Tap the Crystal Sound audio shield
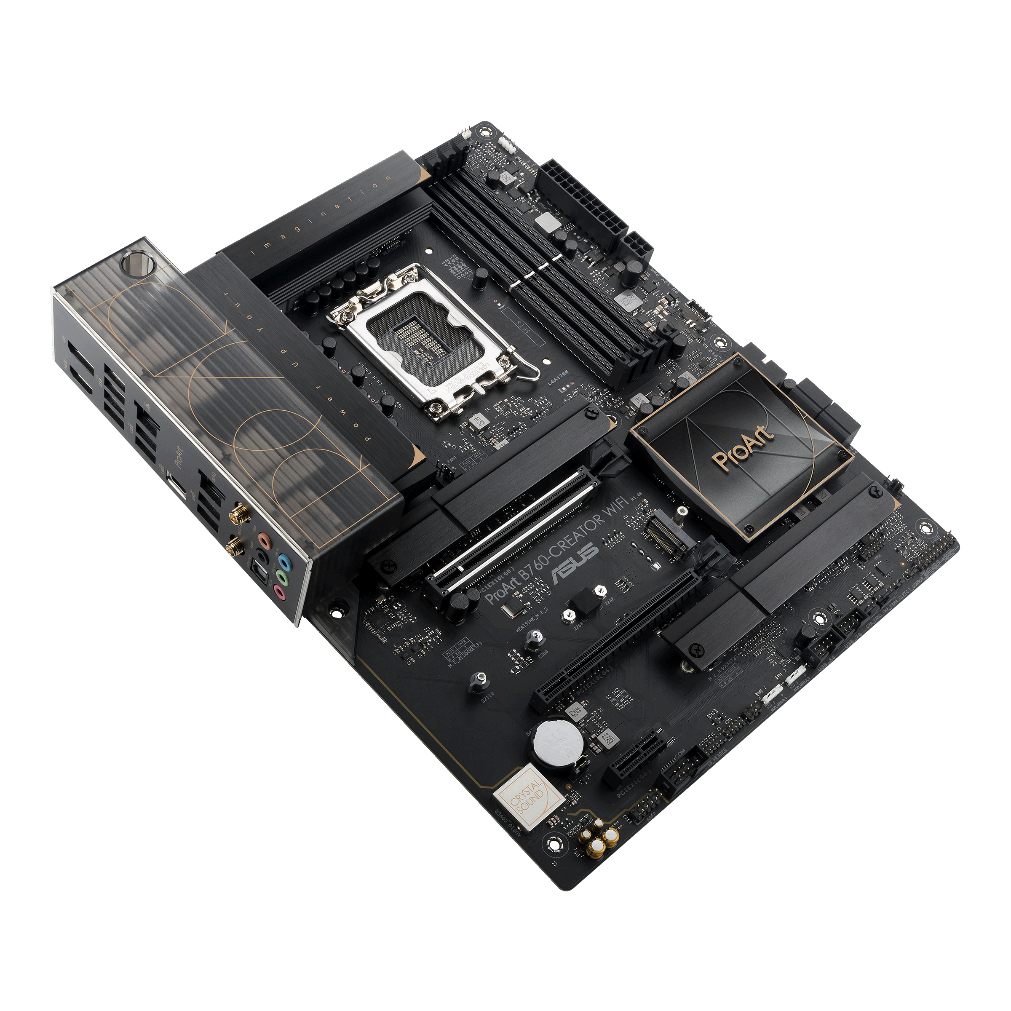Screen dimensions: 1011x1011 click(x=528, y=798)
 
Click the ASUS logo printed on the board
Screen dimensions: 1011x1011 click(x=574, y=564)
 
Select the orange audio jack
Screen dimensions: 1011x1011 click(x=264, y=540)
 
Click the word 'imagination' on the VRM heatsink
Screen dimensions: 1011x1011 click(x=320, y=216)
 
